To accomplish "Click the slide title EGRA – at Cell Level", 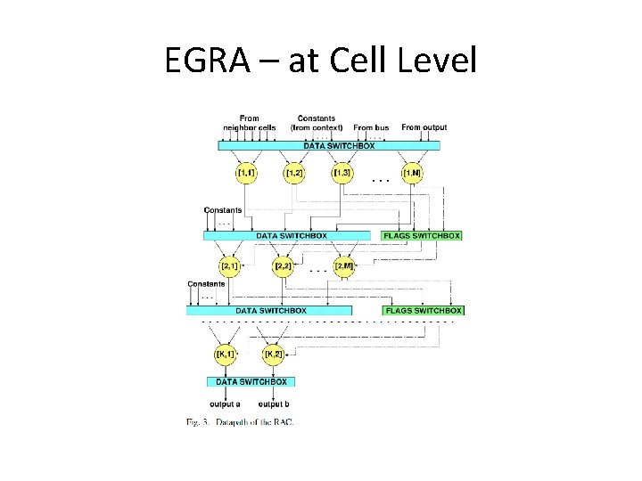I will [321, 61].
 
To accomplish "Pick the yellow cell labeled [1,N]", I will [411, 172].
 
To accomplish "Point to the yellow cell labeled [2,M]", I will [344, 265].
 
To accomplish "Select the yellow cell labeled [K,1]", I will [226, 355].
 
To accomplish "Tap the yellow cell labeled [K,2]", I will [274, 355].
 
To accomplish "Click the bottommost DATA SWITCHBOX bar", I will [252, 381].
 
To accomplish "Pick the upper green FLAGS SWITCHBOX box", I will [422, 236].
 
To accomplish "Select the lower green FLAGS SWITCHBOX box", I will [424, 311].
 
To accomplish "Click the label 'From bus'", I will [372, 128].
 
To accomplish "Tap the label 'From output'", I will [424, 128].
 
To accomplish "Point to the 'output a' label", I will [224, 404].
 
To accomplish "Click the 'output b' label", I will [274, 404].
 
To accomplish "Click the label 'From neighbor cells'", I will [249, 123].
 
